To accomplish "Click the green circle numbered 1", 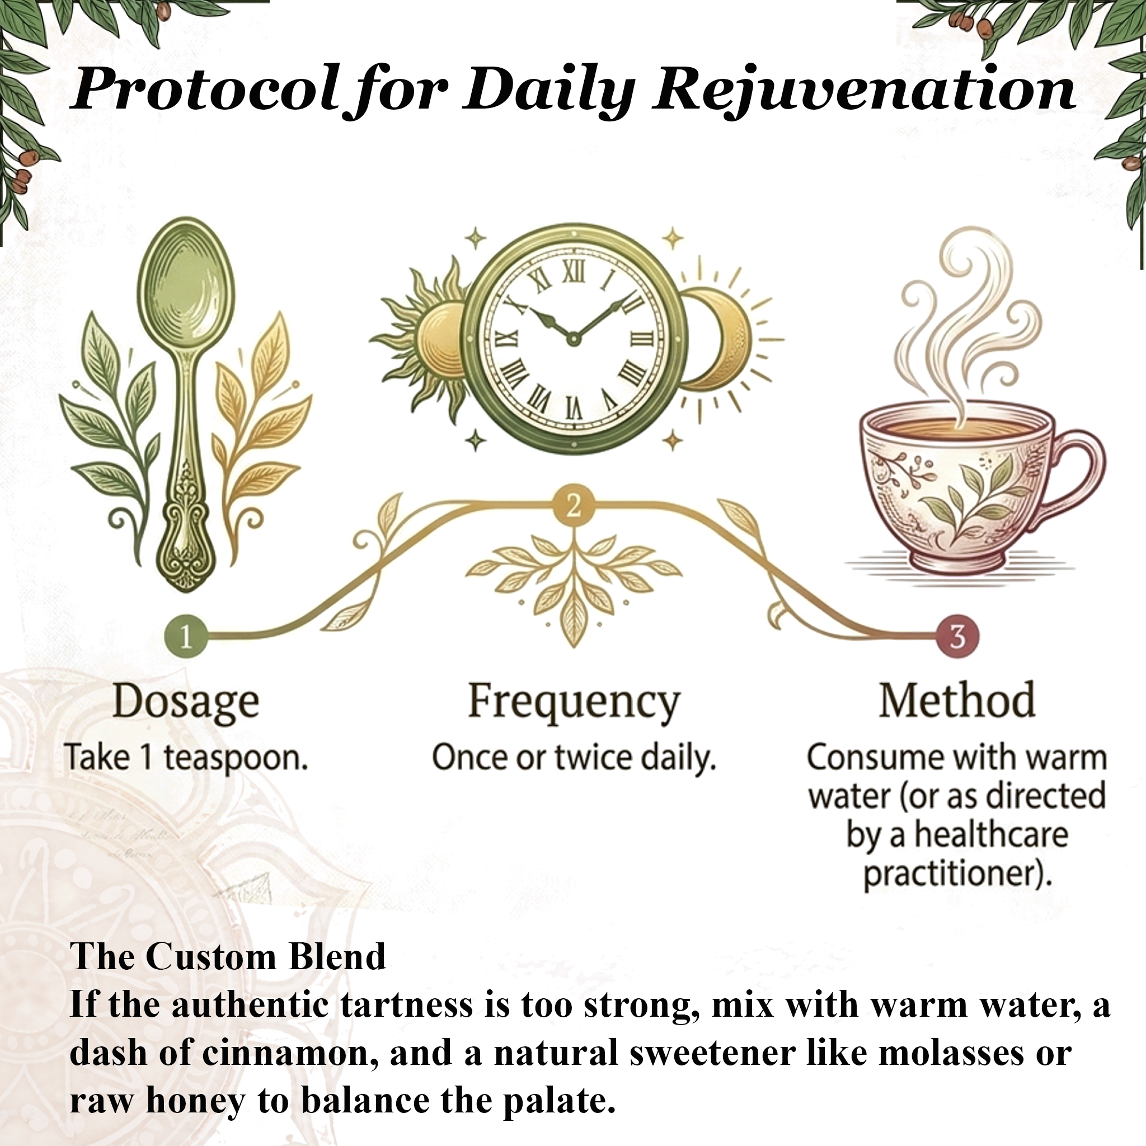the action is [x=186, y=636].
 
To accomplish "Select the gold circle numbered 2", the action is [x=572, y=506].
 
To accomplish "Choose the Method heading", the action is [x=957, y=701].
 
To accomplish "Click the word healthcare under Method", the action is [x=990, y=834].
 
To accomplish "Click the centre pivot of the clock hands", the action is [x=572, y=339].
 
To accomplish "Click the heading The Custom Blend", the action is [x=228, y=957].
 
